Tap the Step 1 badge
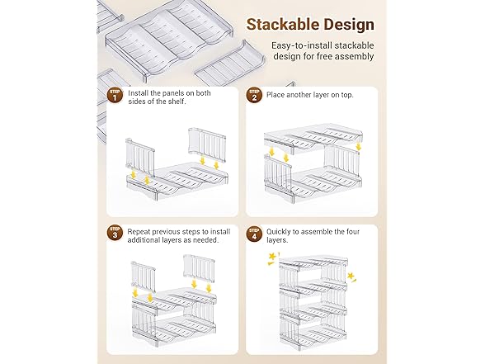pos(115,96)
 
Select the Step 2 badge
pos(254,96)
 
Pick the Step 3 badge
pos(115,233)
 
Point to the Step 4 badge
pos(254,234)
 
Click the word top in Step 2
pos(346,95)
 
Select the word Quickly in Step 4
pos(278,232)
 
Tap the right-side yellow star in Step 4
pos(351,277)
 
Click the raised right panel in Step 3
pos(200,268)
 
